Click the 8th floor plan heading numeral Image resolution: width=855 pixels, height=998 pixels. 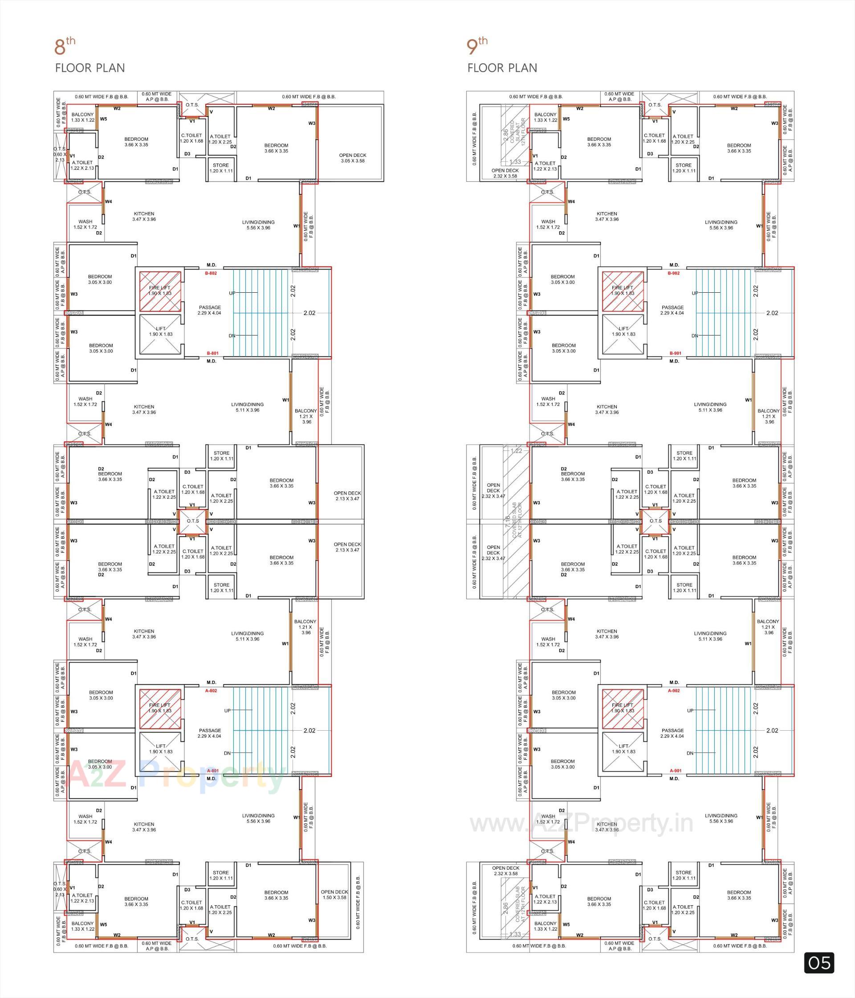point(60,48)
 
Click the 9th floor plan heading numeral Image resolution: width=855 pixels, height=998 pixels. point(472,48)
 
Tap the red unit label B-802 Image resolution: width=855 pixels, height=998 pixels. point(211,273)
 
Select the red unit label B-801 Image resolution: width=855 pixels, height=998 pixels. point(212,353)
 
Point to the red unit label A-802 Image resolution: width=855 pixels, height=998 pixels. point(211,690)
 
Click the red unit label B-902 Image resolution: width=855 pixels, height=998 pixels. point(673,273)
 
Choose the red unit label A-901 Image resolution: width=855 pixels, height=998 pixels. point(676,770)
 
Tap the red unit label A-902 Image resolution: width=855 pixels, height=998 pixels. point(673,690)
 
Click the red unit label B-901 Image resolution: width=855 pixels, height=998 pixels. point(676,353)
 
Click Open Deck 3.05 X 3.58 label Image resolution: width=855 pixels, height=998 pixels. point(352,158)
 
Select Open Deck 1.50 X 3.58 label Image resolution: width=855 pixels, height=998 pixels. point(334,895)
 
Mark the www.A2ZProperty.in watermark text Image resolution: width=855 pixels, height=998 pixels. point(581,823)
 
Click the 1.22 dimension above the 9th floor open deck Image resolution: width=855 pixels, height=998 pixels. point(516,451)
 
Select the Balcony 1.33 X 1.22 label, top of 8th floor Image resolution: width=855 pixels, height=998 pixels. point(83,117)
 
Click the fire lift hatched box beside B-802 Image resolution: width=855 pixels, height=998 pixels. point(160,291)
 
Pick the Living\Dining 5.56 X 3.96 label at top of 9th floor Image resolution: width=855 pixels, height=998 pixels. point(721,225)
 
